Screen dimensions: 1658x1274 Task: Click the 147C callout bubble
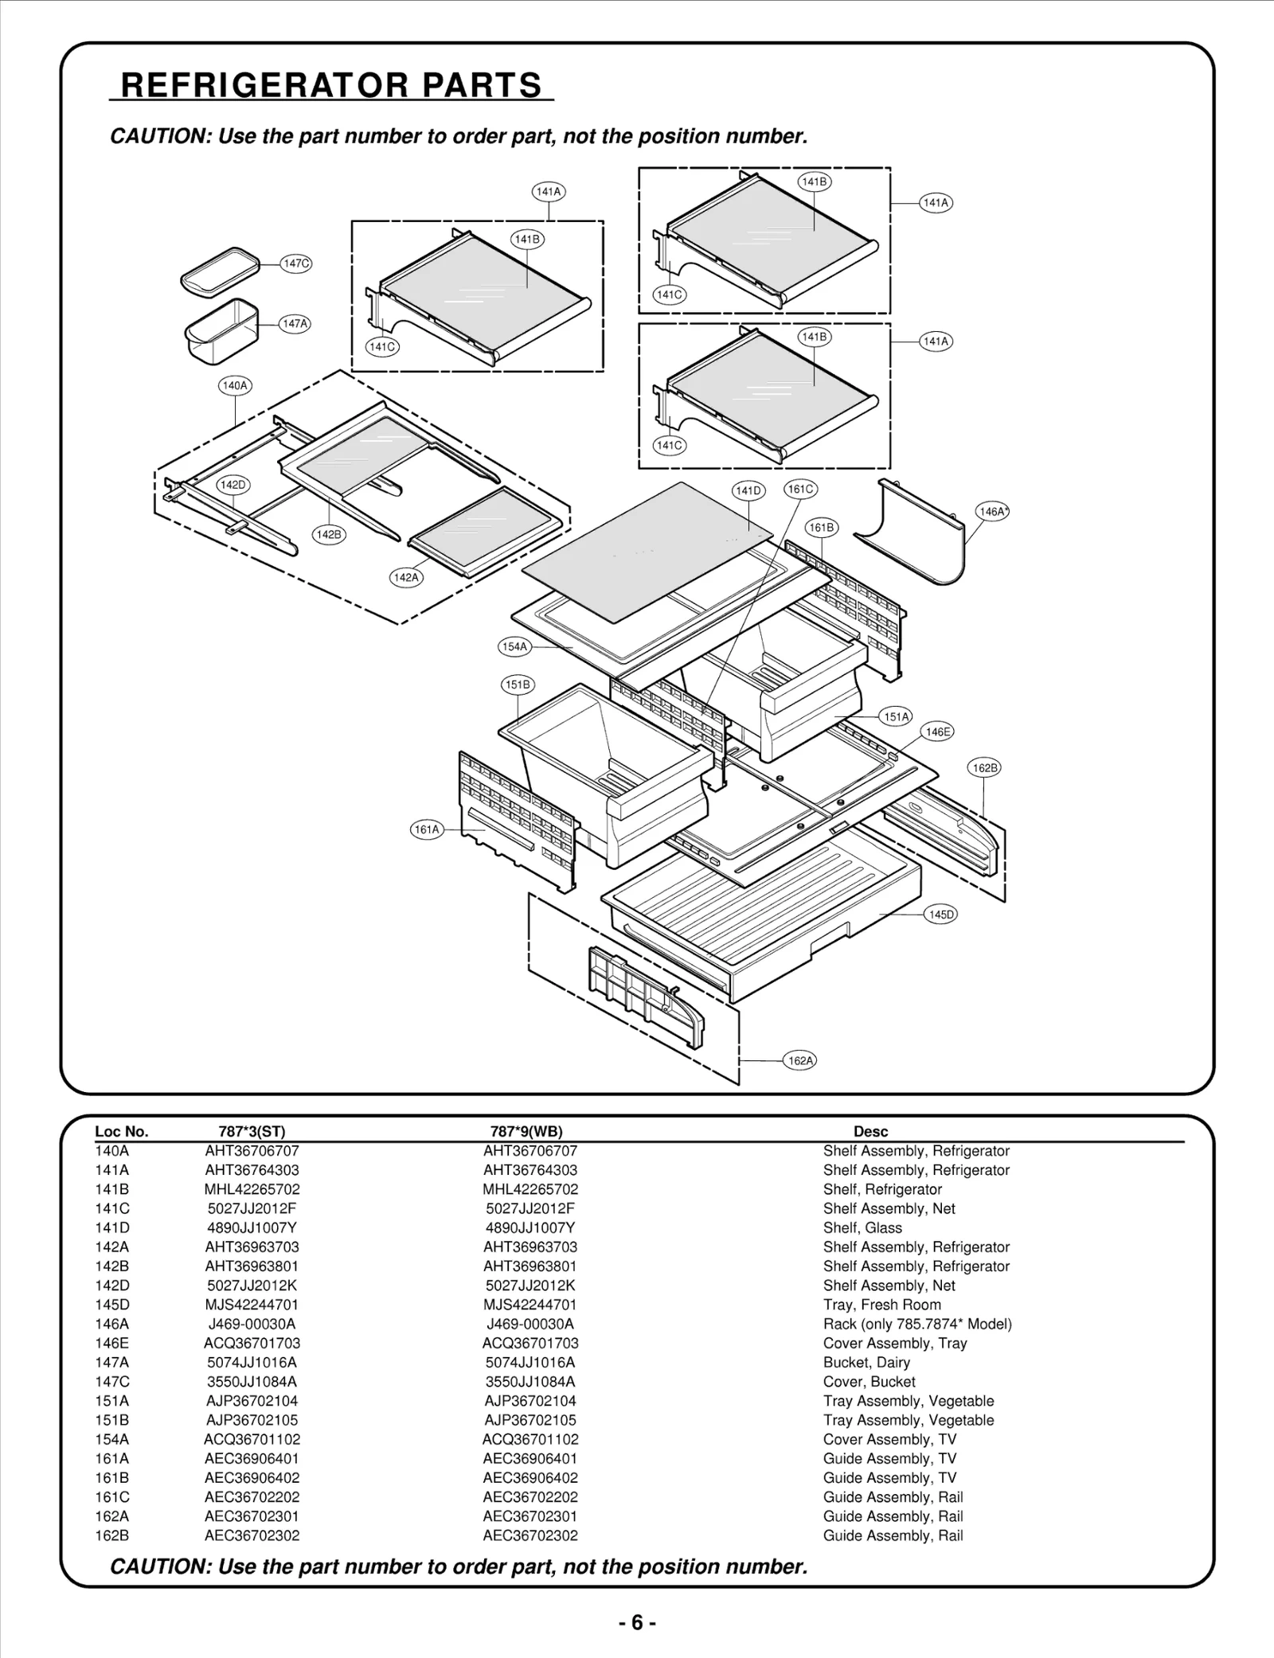pyautogui.click(x=296, y=263)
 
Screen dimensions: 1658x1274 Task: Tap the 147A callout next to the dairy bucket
pyautogui.click(x=295, y=324)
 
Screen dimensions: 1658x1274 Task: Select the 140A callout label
pyautogui.click(x=235, y=386)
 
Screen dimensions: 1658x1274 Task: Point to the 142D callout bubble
pyautogui.click(x=233, y=485)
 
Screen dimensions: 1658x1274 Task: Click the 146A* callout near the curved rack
pyautogui.click(x=993, y=512)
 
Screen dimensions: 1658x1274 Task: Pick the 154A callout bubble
pyautogui.click(x=514, y=647)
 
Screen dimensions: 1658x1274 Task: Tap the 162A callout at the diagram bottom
pyautogui.click(x=800, y=1060)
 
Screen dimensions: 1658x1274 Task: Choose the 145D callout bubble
pyautogui.click(x=941, y=915)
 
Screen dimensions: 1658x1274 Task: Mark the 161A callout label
pyautogui.click(x=427, y=829)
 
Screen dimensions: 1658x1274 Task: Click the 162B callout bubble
pyautogui.click(x=985, y=768)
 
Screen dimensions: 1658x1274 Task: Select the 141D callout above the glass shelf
pyautogui.click(x=748, y=491)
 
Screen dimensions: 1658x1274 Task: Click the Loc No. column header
pyautogui.click(x=121, y=1131)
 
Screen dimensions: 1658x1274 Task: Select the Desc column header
pyautogui.click(x=870, y=1131)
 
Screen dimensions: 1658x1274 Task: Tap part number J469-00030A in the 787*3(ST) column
pyautogui.click(x=252, y=1324)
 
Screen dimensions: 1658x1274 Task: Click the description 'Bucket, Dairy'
pyautogui.click(x=866, y=1362)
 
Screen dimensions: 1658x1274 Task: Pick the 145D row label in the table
pyautogui.click(x=111, y=1305)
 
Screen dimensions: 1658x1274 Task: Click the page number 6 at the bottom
pyautogui.click(x=637, y=1622)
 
